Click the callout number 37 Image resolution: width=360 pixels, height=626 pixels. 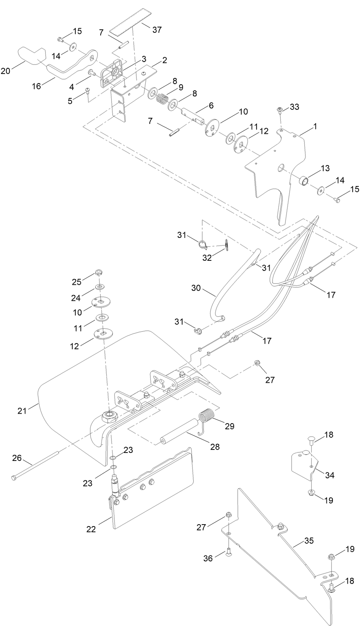pos(157,30)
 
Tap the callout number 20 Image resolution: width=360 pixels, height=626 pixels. pos(5,71)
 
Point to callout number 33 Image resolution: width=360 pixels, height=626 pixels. pos(294,107)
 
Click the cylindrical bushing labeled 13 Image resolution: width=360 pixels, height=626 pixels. pos(304,180)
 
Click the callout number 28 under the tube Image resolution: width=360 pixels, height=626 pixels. pos(215,446)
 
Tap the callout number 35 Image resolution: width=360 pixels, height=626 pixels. pos(309,541)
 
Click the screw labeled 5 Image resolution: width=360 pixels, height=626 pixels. pos(88,90)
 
